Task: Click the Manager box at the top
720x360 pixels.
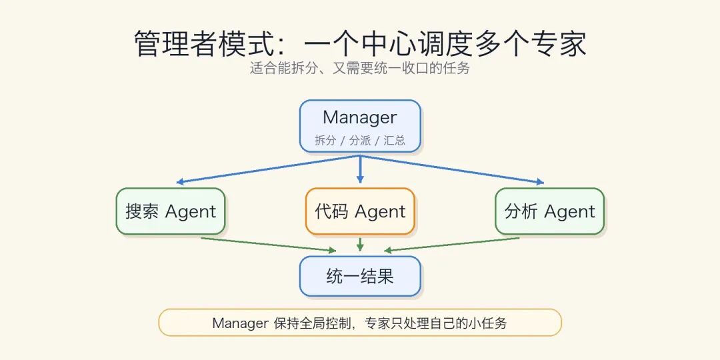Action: point(360,126)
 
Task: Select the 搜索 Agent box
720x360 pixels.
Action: point(171,211)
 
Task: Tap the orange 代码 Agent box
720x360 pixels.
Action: point(360,211)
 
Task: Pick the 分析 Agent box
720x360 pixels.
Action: point(549,211)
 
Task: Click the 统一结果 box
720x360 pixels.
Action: point(360,276)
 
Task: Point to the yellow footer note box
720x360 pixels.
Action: point(360,323)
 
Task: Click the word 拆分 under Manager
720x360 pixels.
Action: point(325,140)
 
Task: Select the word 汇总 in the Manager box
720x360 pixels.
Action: point(395,140)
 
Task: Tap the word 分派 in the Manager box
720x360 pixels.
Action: point(360,140)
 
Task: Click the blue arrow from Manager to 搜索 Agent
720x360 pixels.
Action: point(268,169)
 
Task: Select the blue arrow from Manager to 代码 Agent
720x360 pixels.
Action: point(360,169)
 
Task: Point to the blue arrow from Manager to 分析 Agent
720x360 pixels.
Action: point(452,169)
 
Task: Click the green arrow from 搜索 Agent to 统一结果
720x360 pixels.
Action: point(269,244)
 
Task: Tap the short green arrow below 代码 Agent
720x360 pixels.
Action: point(360,244)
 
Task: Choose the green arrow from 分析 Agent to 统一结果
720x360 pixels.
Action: point(451,244)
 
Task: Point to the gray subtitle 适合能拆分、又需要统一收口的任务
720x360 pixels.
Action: point(360,69)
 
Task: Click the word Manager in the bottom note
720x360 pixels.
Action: point(240,323)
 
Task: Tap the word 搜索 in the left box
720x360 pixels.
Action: point(143,212)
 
